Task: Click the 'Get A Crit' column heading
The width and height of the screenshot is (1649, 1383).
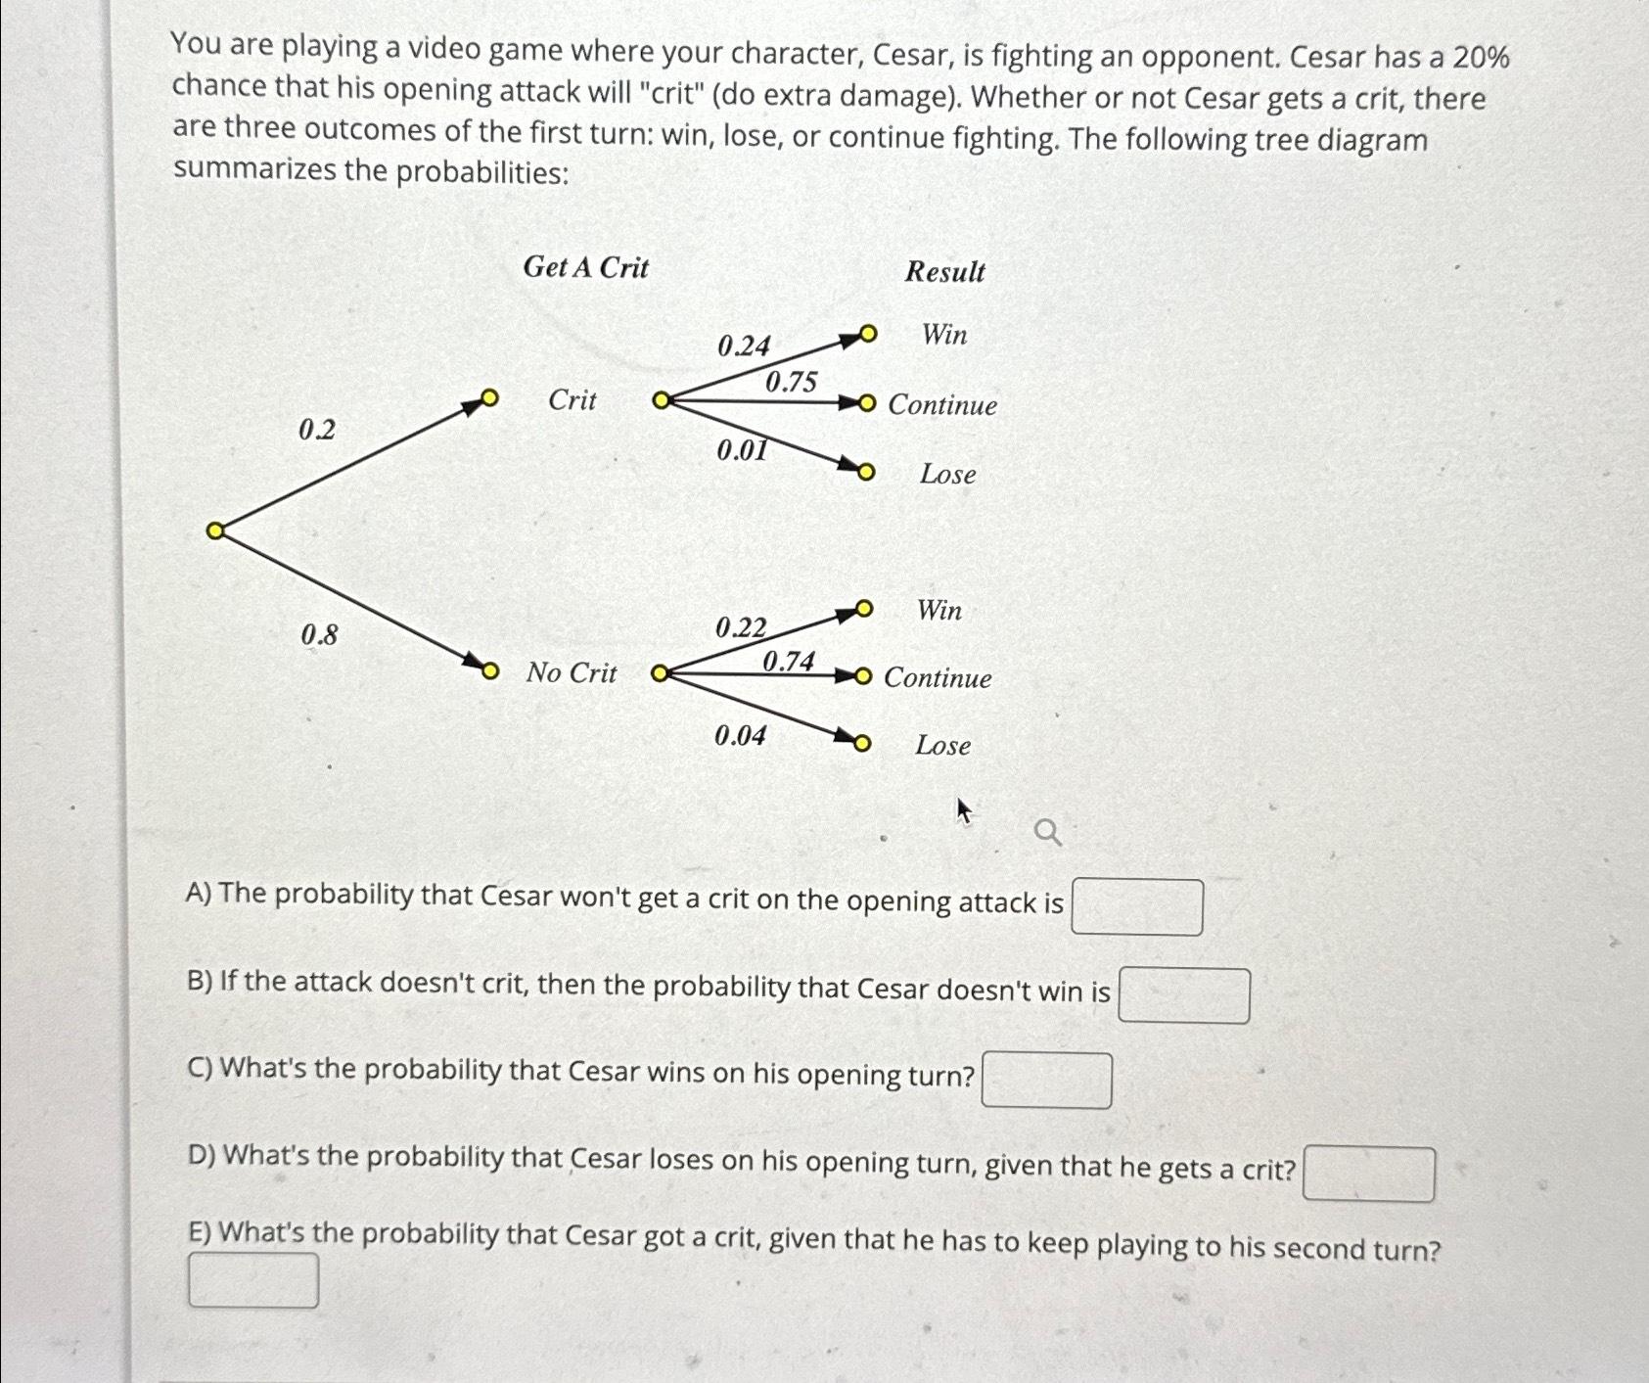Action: (x=585, y=267)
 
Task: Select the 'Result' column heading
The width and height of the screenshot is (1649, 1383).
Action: (x=944, y=272)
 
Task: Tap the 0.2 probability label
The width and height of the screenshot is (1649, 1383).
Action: (x=317, y=430)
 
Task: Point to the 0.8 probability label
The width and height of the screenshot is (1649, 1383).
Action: (x=319, y=635)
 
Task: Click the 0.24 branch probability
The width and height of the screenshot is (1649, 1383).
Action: (x=744, y=346)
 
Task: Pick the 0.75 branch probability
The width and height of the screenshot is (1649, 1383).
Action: (x=791, y=382)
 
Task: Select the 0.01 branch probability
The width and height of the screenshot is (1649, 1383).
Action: (x=742, y=450)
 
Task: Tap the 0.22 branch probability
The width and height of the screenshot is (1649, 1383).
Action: (x=741, y=627)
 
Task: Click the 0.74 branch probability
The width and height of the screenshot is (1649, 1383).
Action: (x=788, y=662)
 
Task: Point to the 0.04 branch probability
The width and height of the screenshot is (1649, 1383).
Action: (x=740, y=735)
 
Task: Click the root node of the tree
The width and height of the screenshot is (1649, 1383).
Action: (x=215, y=531)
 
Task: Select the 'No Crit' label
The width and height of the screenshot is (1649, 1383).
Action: (x=572, y=673)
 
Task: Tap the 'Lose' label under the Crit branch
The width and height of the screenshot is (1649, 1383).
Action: (x=947, y=475)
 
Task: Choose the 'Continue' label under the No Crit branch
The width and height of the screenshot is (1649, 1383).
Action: (x=938, y=678)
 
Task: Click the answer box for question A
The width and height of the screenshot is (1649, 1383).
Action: (x=1136, y=907)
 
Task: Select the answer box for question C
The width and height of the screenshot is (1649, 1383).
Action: (x=1046, y=1081)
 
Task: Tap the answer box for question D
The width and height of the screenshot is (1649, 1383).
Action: (x=1368, y=1175)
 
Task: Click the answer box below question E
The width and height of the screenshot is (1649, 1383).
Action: (x=253, y=1280)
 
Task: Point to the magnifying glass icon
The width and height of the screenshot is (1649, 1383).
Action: (x=1047, y=833)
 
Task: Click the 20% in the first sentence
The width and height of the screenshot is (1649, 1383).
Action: (x=1481, y=58)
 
